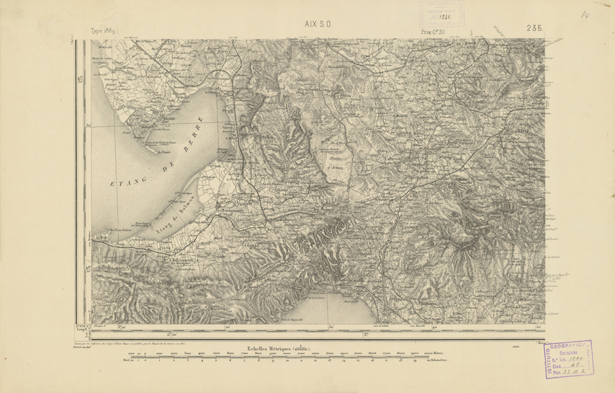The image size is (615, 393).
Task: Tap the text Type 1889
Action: pos(104,32)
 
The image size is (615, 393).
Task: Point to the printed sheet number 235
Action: pos(534,28)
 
